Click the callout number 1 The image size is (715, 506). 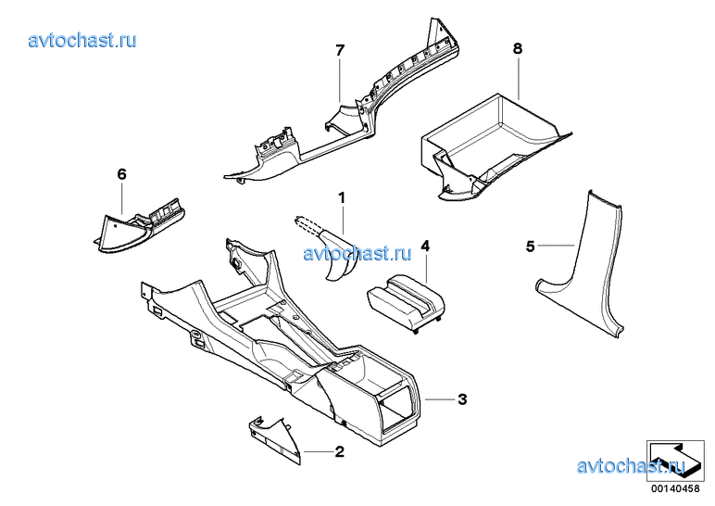[x=342, y=198]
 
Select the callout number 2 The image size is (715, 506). [x=340, y=451]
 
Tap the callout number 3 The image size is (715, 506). [x=462, y=399]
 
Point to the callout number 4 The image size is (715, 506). [x=425, y=246]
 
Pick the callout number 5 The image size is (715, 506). [x=530, y=247]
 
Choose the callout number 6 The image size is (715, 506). [x=121, y=174]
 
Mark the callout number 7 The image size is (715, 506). [x=340, y=50]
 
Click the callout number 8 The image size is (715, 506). [x=518, y=48]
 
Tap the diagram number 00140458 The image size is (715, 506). [x=675, y=488]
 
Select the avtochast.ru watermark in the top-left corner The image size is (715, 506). [x=82, y=40]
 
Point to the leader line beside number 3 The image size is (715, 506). [x=440, y=399]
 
